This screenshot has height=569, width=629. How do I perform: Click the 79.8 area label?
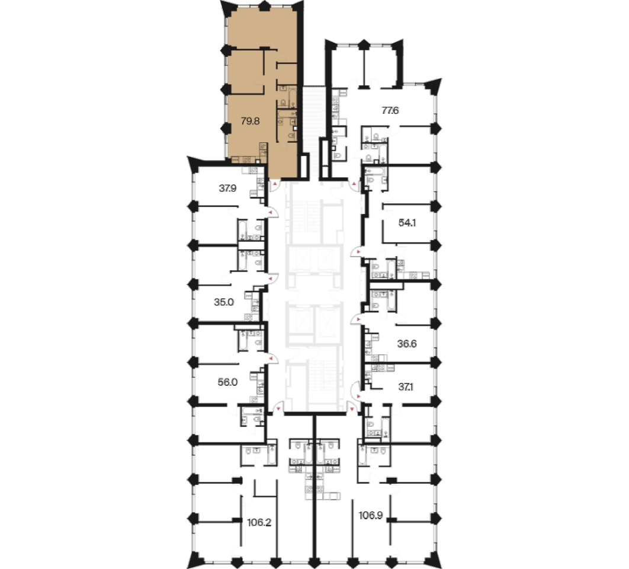tap(251, 121)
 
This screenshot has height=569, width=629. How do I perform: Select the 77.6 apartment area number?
tap(390, 110)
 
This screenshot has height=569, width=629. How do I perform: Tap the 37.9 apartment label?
tap(227, 188)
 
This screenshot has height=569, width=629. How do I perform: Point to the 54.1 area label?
tap(407, 223)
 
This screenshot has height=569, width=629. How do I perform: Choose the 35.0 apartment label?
tap(224, 302)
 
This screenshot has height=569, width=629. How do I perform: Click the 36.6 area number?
tap(407, 344)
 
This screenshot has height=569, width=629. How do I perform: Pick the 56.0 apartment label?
tap(227, 382)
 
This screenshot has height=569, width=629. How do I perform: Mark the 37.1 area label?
tap(406, 387)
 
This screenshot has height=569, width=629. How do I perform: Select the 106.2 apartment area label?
tap(259, 522)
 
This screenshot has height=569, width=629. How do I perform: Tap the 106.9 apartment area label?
tap(370, 516)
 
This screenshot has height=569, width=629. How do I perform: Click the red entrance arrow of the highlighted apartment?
tap(275, 184)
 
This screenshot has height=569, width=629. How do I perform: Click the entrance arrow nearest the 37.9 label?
tap(271, 212)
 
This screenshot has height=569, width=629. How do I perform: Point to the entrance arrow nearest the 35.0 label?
tap(271, 278)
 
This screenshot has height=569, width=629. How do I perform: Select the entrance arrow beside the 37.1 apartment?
tap(358, 397)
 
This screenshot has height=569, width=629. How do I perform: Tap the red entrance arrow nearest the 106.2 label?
tap(277, 409)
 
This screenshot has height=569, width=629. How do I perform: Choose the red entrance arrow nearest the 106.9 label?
tap(352, 409)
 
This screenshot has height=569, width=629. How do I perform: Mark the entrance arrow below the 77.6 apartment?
tap(354, 184)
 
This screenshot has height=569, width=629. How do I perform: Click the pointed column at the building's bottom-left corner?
tap(194, 559)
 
